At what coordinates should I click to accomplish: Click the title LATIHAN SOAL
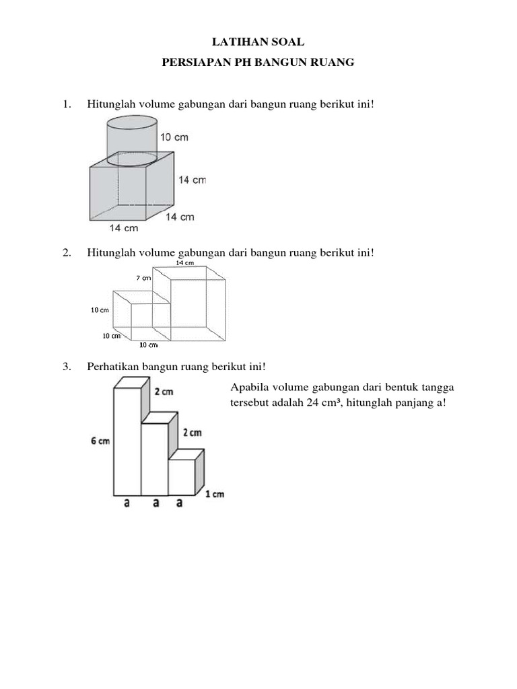click(258, 42)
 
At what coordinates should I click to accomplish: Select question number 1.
click(66, 104)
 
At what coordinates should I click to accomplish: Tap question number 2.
click(66, 252)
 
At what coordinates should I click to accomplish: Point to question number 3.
click(66, 367)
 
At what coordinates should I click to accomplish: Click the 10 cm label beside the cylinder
click(174, 137)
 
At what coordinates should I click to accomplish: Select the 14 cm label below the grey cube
click(123, 228)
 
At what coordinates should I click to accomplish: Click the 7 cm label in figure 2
click(143, 278)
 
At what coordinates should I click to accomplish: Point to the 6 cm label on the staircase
click(100, 441)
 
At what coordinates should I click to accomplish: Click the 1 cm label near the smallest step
click(215, 495)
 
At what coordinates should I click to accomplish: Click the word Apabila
click(250, 388)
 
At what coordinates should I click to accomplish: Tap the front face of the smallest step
click(181, 477)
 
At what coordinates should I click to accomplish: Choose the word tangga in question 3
click(438, 388)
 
